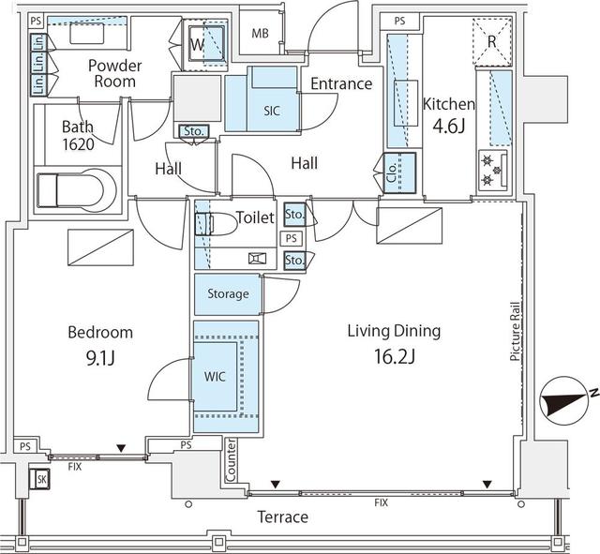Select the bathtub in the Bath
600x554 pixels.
tap(76, 190)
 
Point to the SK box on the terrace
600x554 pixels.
tap(39, 479)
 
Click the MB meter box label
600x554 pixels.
tap(260, 34)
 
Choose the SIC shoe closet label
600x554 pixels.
tap(272, 111)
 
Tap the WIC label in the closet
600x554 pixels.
tap(215, 377)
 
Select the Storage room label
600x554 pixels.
tap(228, 293)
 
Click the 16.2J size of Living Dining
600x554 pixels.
tap(395, 356)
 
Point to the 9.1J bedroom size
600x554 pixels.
tap(100, 358)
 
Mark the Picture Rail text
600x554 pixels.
tap(515, 331)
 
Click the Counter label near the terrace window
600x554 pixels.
tap(232, 460)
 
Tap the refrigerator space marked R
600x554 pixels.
tap(492, 41)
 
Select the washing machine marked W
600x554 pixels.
tap(206, 45)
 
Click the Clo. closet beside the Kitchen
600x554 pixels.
tap(399, 172)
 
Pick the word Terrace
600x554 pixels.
tap(283, 517)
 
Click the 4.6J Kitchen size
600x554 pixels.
tap(448, 126)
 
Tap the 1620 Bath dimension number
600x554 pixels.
tap(78, 144)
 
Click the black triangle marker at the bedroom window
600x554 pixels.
tap(121, 448)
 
